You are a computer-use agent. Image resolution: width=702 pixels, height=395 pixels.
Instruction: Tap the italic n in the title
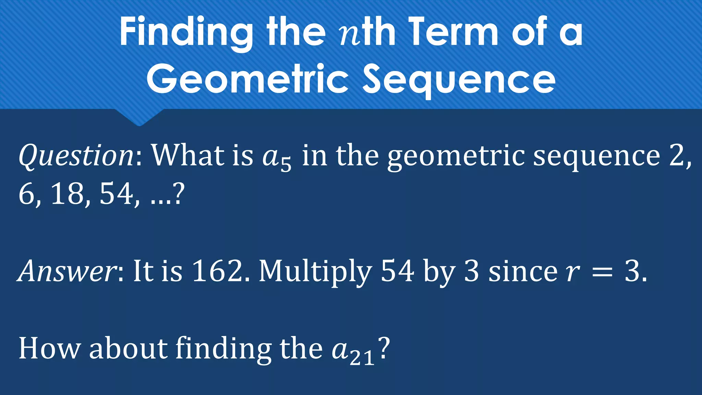(x=350, y=36)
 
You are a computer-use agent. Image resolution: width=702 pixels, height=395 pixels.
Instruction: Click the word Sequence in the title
(x=459, y=79)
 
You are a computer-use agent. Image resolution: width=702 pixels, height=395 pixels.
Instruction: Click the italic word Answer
(x=67, y=271)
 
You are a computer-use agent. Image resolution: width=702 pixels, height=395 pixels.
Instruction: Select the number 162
(x=217, y=271)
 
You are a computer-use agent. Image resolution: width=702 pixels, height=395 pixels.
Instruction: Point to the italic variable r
(x=572, y=273)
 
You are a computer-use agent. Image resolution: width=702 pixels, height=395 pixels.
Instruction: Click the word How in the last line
(x=49, y=348)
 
